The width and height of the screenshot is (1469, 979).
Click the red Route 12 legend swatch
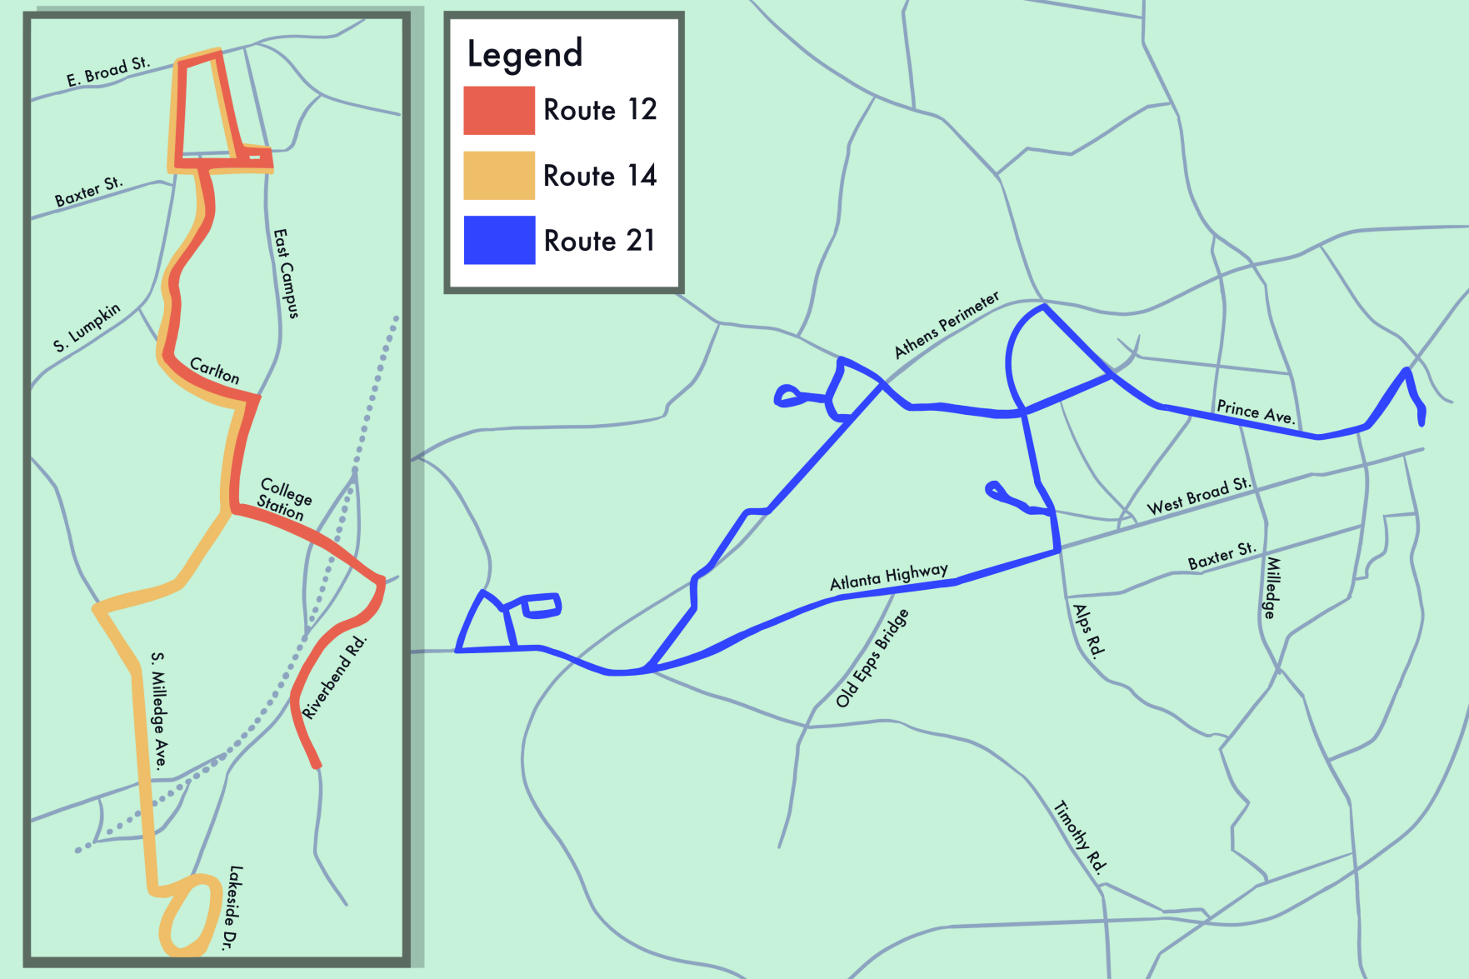point(498,110)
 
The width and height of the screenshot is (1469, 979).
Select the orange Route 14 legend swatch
point(498,175)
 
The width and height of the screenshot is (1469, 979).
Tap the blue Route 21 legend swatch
point(498,240)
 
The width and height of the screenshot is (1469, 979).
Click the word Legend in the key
point(524,54)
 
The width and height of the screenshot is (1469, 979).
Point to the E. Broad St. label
point(108,72)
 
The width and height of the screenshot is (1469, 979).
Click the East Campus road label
point(286,273)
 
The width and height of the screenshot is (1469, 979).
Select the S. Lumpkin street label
point(87,327)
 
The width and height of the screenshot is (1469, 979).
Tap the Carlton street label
point(215,370)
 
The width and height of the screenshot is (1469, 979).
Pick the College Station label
point(283,498)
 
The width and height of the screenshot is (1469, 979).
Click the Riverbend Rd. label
point(334,677)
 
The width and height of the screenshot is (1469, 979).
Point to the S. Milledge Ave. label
point(159,709)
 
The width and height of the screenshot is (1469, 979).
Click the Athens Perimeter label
point(946,324)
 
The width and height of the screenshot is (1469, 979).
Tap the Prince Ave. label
point(1256,412)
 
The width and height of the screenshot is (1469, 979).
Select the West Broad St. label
point(1198,496)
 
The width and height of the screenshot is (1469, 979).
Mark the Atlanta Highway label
point(888,576)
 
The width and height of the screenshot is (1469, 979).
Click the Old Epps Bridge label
point(872,658)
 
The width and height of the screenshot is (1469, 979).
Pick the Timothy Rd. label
point(1081,837)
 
